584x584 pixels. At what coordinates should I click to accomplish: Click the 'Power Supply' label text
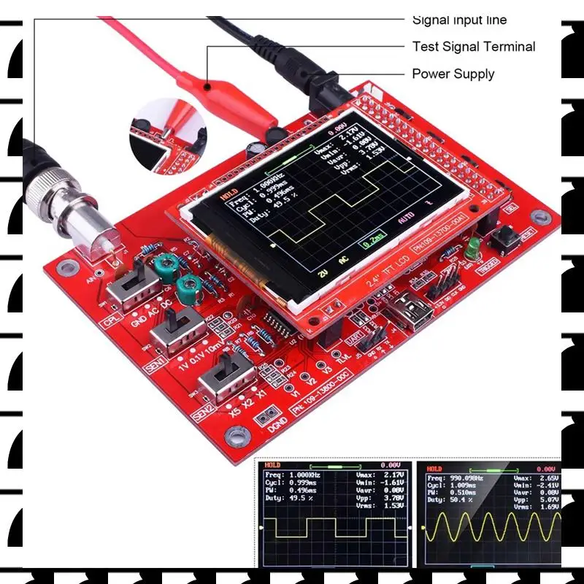tap(453, 74)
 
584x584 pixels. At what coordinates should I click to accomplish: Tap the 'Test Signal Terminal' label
tap(473, 47)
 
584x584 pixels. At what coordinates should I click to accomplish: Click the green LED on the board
tap(472, 247)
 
